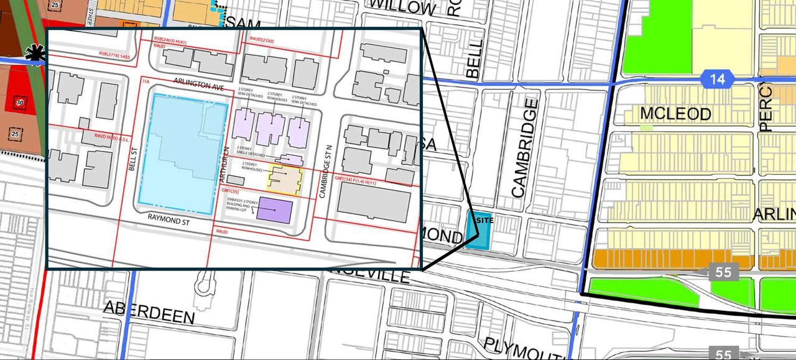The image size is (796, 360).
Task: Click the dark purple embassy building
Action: [274, 210]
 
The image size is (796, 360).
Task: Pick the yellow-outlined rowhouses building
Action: [285, 181]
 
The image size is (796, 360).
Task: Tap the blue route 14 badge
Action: [717, 79]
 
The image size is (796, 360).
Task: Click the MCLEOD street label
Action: [675, 114]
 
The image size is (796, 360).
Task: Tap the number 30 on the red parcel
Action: [20, 103]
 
